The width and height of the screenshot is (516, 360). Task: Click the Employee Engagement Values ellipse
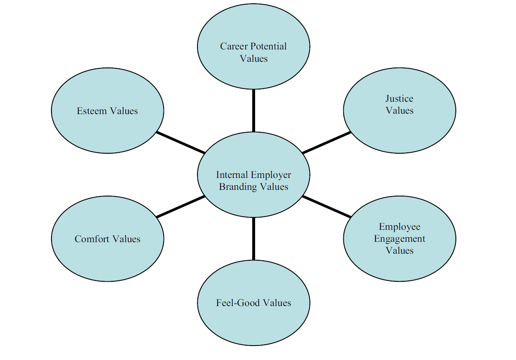[x=399, y=264]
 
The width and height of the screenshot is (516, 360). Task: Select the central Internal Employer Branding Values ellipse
[x=253, y=202]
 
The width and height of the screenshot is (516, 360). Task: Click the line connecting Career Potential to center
[x=253, y=110]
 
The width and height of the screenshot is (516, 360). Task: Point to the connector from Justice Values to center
[x=326, y=143]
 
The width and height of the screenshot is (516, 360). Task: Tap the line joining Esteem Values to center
[x=181, y=143]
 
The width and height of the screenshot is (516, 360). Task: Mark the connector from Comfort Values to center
[x=181, y=207]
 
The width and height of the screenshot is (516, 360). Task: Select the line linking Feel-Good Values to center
[x=253, y=239]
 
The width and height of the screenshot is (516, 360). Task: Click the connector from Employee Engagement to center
[x=326, y=207]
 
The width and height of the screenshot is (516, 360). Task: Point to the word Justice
[x=399, y=98]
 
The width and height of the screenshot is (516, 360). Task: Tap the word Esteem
[x=91, y=111]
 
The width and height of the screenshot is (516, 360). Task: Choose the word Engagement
[x=399, y=238]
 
